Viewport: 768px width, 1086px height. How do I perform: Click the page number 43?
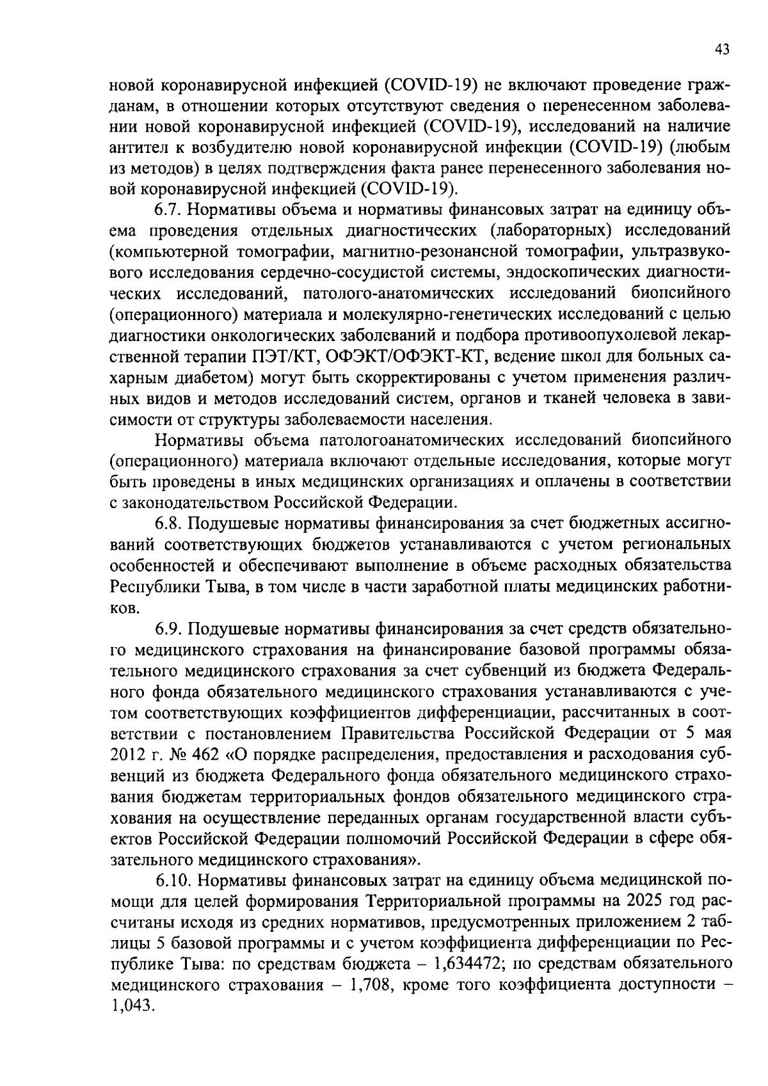pos(723,51)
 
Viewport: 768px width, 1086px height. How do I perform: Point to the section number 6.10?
pos(173,880)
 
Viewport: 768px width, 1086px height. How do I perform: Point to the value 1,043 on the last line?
pos(132,1006)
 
